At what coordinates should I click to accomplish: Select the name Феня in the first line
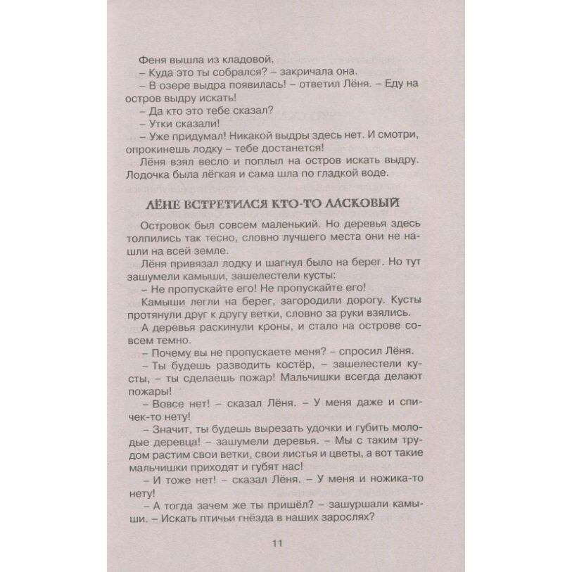click(153, 59)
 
